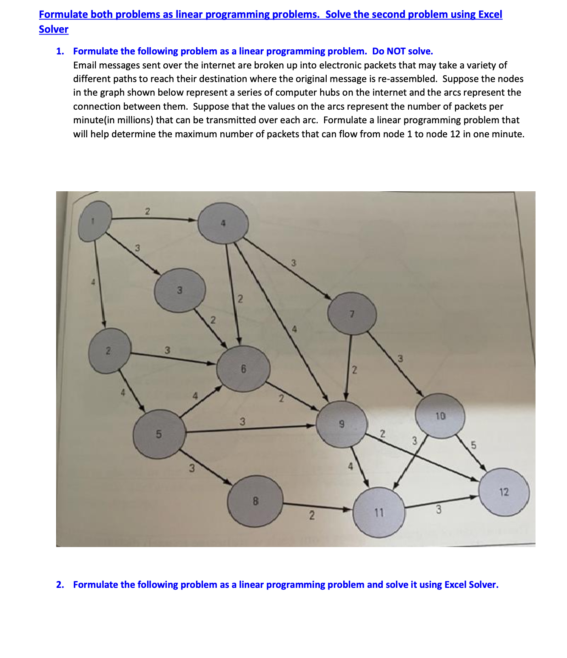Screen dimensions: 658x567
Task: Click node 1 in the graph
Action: point(95,221)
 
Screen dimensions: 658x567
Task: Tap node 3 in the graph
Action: point(180,290)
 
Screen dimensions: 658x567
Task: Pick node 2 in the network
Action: point(109,351)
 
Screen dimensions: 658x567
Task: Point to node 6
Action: point(243,369)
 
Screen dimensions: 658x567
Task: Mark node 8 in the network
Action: point(255,501)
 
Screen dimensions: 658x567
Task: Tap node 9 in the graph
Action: point(342,424)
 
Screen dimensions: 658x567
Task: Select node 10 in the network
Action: point(441,416)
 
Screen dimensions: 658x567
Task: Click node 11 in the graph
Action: point(379,513)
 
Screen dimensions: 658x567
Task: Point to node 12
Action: point(504,492)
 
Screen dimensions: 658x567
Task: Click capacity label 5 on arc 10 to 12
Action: point(474,445)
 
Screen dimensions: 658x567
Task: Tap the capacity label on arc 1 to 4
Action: point(147,211)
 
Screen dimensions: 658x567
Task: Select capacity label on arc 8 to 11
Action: point(311,516)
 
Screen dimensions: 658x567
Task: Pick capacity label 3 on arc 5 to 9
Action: point(242,422)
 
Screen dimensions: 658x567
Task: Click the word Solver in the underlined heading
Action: point(54,29)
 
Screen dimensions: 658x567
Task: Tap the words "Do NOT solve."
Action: point(402,51)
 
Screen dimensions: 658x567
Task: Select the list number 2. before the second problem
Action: point(60,585)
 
